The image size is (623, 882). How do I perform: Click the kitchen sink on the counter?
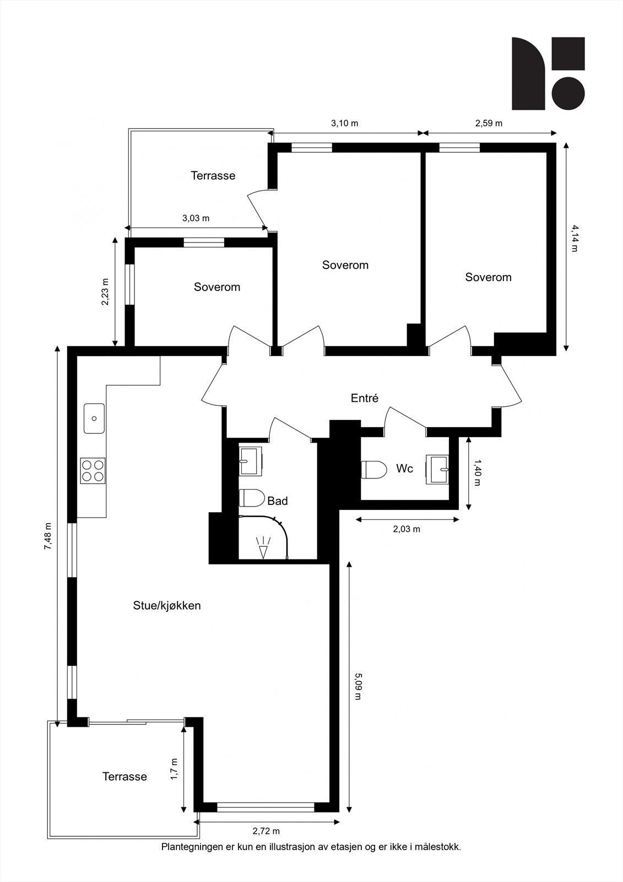(94, 418)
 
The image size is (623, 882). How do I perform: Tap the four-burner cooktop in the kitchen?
(93, 470)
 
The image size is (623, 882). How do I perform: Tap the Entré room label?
(365, 398)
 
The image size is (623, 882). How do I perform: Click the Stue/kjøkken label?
(167, 605)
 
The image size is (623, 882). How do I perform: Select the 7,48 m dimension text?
(48, 536)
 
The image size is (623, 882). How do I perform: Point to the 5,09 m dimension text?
(358, 685)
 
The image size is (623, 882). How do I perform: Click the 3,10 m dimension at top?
(344, 123)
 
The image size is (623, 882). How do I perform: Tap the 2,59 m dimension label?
(489, 123)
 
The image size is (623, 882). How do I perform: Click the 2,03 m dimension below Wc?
(407, 529)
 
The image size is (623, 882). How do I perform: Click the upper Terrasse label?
(213, 175)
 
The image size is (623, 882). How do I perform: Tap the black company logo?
(548, 73)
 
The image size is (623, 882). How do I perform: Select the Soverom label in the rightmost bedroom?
(488, 277)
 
